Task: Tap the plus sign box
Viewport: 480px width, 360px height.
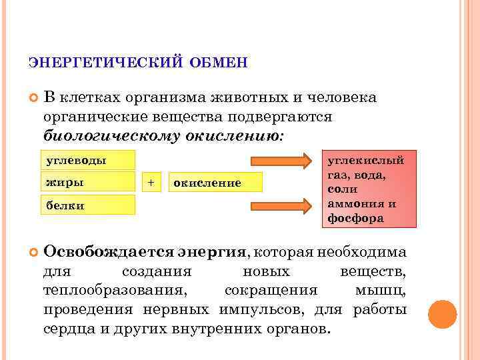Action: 151,182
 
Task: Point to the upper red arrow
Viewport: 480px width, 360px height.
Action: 281,161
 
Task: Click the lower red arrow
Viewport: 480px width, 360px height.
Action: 281,205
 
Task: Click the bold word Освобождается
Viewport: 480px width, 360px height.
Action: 109,253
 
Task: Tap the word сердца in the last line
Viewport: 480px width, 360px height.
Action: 68,329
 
